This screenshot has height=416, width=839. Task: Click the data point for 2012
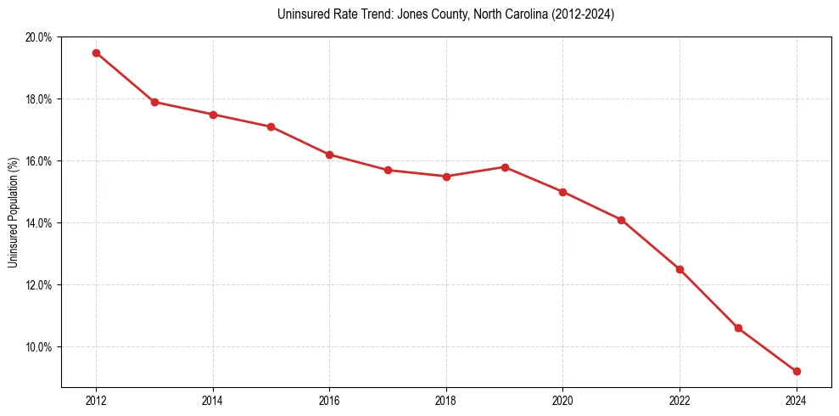pos(96,53)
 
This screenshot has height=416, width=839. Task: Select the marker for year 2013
pos(154,102)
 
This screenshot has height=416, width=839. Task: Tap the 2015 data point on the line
pos(271,126)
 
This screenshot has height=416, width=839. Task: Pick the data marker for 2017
pos(388,170)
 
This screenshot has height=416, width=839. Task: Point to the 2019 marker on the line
pos(505,167)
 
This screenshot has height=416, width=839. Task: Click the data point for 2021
pos(621,220)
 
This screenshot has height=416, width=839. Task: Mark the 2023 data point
pos(738,328)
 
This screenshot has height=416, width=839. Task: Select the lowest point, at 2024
pos(797,371)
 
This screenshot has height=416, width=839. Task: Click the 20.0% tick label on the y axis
pos(39,37)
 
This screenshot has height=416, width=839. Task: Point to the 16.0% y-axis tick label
pos(39,161)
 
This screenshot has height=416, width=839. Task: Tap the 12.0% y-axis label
pos(39,285)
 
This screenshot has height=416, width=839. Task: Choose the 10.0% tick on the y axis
pos(39,347)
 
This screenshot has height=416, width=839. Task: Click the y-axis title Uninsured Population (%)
pos(14,212)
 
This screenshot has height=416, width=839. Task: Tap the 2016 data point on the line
pos(329,155)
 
